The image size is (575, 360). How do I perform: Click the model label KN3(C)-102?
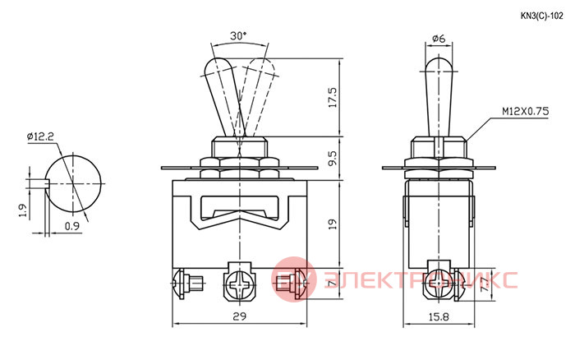pyautogui.click(x=541, y=16)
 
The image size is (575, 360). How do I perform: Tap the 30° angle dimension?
pyautogui.click(x=238, y=36)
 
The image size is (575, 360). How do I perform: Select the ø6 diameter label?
pyautogui.click(x=439, y=38)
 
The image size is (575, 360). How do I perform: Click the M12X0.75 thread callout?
pyautogui.click(x=526, y=111)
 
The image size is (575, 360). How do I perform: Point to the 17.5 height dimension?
pyautogui.click(x=333, y=98)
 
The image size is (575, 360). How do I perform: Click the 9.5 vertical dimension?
pyautogui.click(x=333, y=158)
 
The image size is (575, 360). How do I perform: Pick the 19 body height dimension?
pyautogui.click(x=333, y=224)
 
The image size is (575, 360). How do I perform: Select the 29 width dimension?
pyautogui.click(x=240, y=316)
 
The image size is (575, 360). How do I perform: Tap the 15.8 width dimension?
pyautogui.click(x=439, y=316)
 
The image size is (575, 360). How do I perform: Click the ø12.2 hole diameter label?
pyautogui.click(x=40, y=136)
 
